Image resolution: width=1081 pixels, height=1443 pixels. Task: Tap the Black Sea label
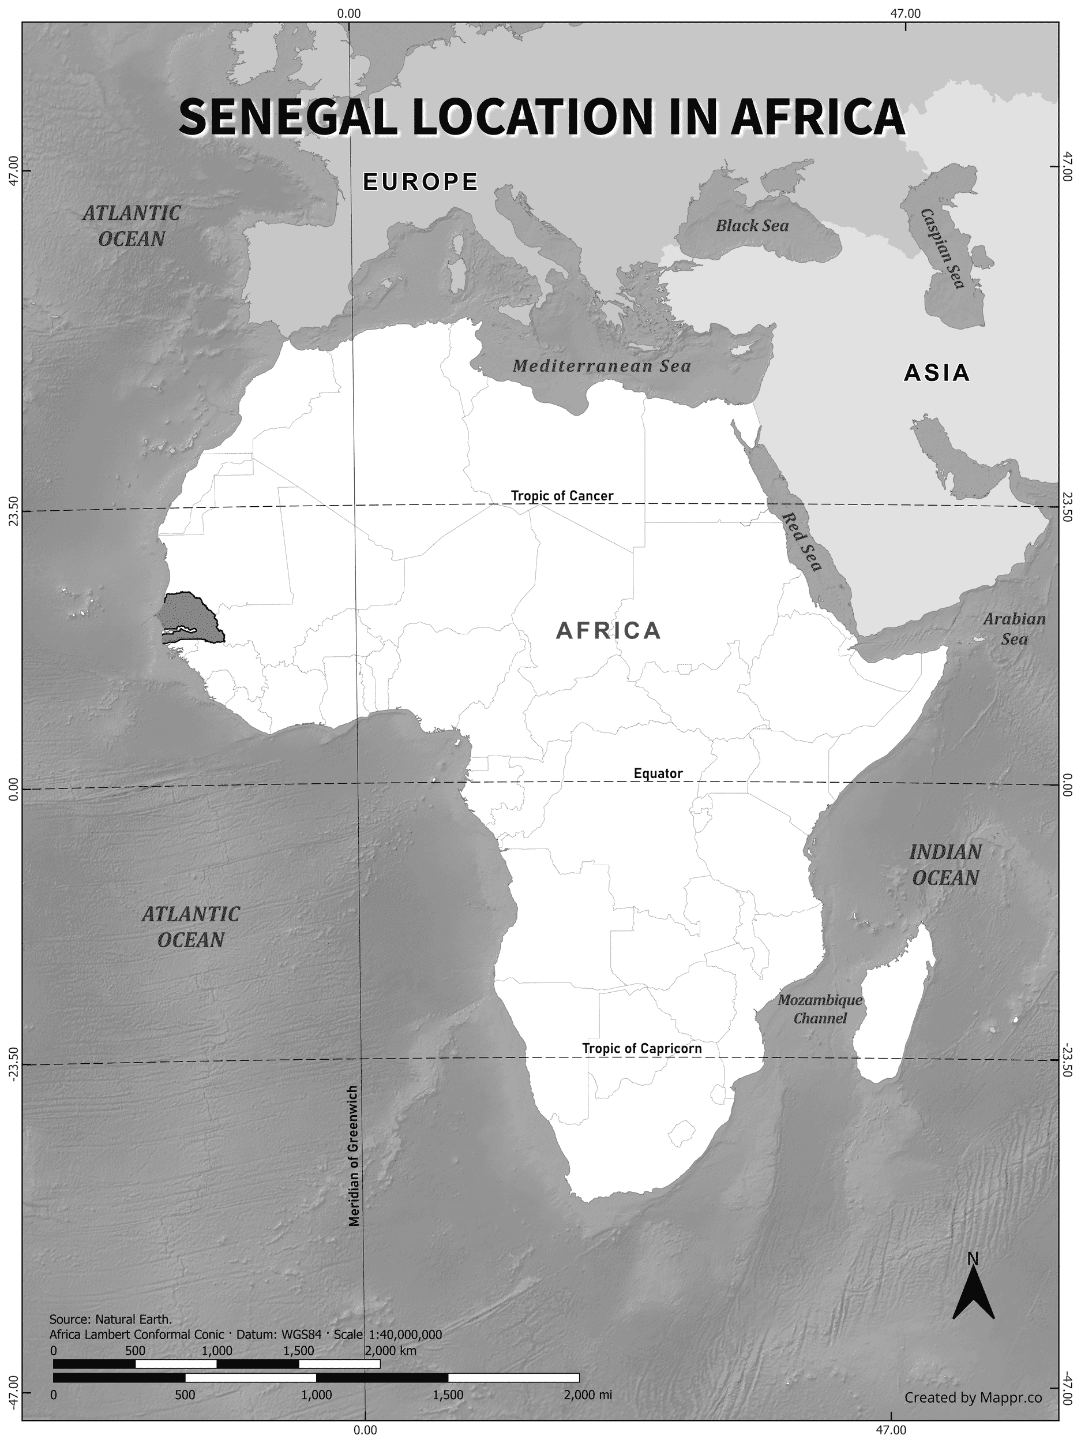(752, 226)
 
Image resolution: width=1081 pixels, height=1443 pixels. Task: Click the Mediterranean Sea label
(601, 366)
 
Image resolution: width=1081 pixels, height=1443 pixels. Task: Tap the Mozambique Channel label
(820, 1008)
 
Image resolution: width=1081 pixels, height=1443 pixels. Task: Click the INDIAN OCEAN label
(945, 865)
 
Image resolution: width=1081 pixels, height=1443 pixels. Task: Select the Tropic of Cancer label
(561, 496)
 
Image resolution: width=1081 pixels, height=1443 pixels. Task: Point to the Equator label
(658, 773)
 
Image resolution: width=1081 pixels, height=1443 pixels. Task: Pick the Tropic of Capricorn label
(641, 1048)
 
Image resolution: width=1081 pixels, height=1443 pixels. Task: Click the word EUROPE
(421, 182)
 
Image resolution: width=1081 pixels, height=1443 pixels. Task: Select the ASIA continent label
(936, 373)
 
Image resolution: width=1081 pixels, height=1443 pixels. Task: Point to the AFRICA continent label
(609, 631)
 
